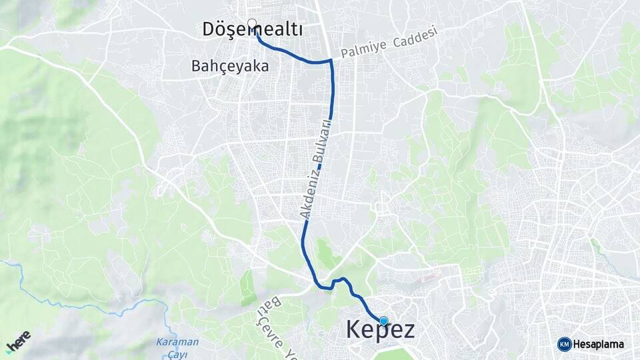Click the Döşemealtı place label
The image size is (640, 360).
click(253, 30)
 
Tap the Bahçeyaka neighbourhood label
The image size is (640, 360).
click(230, 67)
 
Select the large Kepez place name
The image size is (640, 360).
click(380, 329)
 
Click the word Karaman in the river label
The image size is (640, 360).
click(177, 342)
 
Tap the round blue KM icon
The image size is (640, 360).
click(564, 344)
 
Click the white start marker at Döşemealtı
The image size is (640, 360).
click(252, 24)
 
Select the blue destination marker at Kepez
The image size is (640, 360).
click(383, 321)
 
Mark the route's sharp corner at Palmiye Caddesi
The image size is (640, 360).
click(331, 61)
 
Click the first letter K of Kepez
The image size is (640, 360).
click(354, 329)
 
